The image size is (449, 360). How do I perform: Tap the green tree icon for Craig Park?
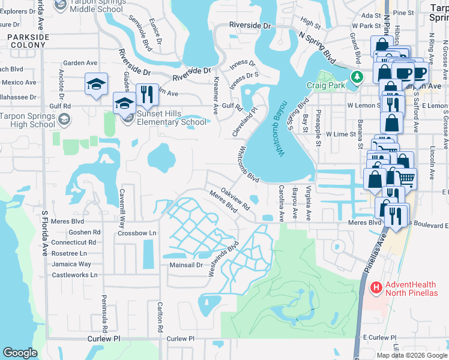[x=357, y=77]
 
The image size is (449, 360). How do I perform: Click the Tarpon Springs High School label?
[x=28, y=120]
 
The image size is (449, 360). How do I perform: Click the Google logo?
[x=20, y=352]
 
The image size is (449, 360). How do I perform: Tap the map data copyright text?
[x=411, y=355]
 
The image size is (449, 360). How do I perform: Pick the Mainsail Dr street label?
[x=185, y=264]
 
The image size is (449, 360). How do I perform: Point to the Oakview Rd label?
[x=235, y=198]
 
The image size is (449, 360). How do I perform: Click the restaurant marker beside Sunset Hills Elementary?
[x=145, y=94]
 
